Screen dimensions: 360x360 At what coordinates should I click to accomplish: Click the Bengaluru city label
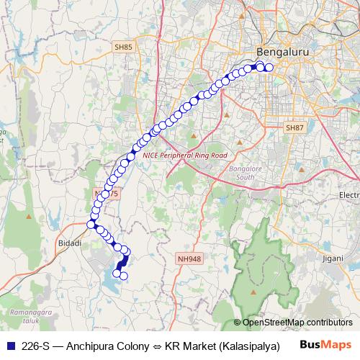coord(277,53)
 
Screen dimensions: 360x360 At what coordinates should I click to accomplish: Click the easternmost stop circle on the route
coord(269,68)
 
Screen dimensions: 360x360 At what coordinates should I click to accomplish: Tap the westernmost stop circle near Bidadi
coord(91,224)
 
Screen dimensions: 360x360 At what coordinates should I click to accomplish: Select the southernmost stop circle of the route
coord(123,276)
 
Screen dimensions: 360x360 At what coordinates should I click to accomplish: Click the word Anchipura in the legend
coord(91,345)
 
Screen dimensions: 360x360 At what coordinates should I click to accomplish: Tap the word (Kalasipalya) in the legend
coord(248,345)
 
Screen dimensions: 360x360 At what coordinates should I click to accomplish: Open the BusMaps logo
coord(326,344)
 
